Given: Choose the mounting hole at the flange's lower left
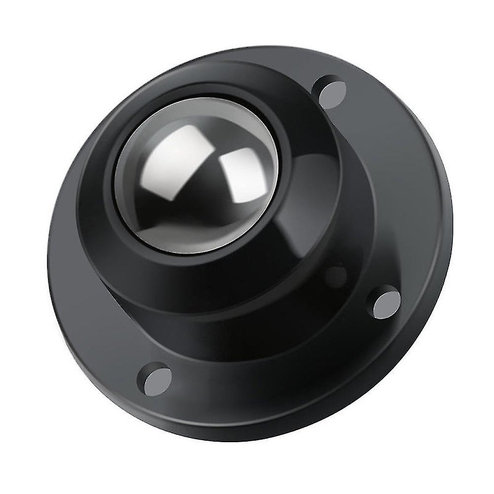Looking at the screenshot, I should (x=155, y=378).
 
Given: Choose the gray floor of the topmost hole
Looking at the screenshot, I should (x=334, y=94).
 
